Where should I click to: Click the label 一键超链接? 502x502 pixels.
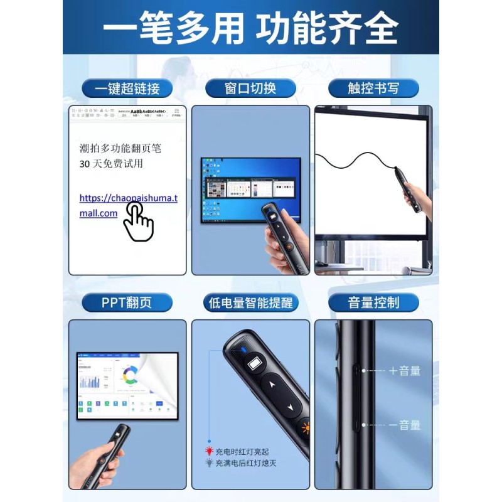[x=127, y=88]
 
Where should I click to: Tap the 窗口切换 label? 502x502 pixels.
[x=250, y=88]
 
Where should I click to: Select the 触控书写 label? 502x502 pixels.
[x=373, y=88]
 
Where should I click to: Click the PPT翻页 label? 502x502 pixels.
[x=127, y=303]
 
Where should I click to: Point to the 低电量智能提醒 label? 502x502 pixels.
[x=250, y=303]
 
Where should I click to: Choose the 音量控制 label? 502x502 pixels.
[x=373, y=303]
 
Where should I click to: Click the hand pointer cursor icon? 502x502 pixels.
[x=138, y=223]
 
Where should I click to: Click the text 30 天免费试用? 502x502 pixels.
[x=112, y=163]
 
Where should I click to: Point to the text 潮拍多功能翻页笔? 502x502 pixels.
[x=120, y=148]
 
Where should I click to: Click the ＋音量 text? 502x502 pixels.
[x=404, y=371]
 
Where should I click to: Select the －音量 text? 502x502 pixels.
[x=404, y=425]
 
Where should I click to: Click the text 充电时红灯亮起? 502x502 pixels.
[x=241, y=452]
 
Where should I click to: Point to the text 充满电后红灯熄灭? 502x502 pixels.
[x=245, y=464]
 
